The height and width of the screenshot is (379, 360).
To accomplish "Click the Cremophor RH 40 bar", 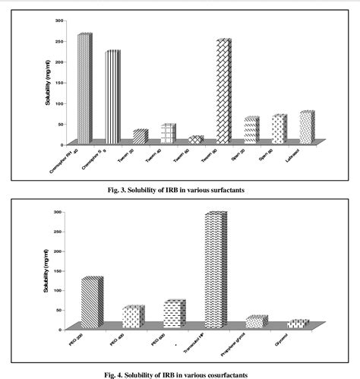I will click(84, 88).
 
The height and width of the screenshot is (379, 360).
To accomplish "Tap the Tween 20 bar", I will click(140, 137).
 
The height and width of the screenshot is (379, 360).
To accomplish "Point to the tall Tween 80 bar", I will click(223, 91).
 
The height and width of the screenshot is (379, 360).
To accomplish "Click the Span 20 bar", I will click(251, 130).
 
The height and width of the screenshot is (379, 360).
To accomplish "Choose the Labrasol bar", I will click(306, 127).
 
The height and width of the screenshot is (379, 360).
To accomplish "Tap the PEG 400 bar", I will click(133, 317).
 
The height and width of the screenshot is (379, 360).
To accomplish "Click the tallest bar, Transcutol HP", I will click(216, 270).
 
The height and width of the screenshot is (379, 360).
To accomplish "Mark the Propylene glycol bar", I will click(257, 322).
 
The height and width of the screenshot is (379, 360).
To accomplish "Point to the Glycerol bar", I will click(298, 324).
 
